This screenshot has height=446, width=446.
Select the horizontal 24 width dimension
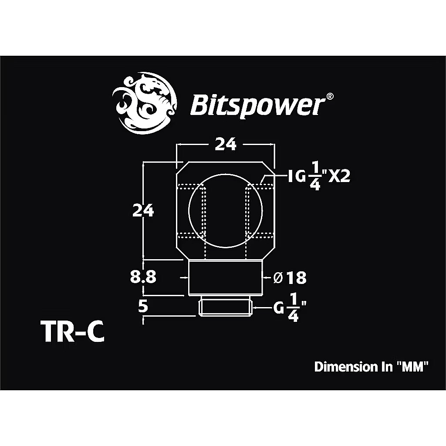tap(226, 144)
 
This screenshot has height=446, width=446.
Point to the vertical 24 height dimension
tap(143, 211)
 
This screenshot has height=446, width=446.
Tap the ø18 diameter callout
tap(290, 277)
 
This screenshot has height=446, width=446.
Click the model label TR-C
tap(73, 332)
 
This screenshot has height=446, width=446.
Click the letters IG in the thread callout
tap(296, 177)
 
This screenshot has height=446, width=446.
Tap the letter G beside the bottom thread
tap(279, 309)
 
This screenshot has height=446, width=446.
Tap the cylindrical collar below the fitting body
tap(226, 277)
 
